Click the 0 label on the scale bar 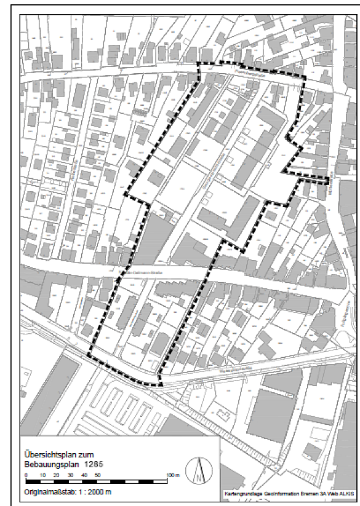(x=26, y=476)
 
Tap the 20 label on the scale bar (x=55, y=476)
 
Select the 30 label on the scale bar (x=70, y=476)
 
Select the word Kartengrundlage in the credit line (x=244, y=494)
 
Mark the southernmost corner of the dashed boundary (x=161, y=385)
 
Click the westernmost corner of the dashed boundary (x=125, y=194)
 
